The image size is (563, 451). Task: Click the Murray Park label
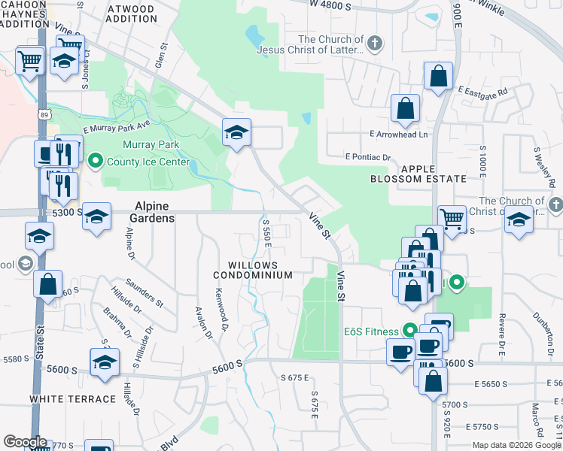[x=146, y=144]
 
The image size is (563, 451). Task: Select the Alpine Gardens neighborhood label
[x=154, y=211]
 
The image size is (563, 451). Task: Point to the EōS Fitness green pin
[x=409, y=330]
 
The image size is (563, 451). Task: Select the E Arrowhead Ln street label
[x=398, y=135]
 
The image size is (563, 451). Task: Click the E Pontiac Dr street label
[x=369, y=157]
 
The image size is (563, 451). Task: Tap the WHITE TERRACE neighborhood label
[x=73, y=398]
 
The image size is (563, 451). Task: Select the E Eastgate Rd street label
[x=483, y=91]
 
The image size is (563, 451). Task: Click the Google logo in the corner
[x=25, y=442]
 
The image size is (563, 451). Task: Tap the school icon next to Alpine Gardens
[x=96, y=216]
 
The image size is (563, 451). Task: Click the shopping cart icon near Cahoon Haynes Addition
[x=29, y=60]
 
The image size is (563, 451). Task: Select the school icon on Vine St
[x=236, y=132]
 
